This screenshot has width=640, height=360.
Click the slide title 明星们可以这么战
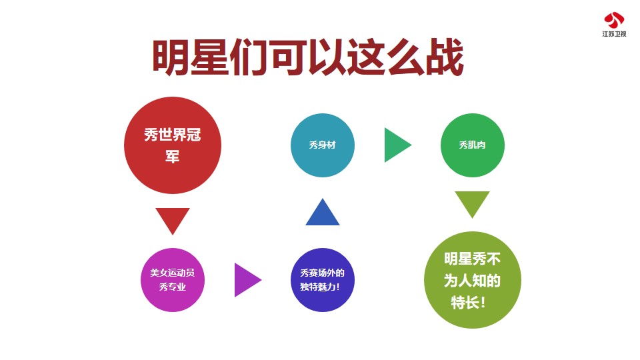point(308,57)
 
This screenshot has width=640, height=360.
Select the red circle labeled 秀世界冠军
point(173,145)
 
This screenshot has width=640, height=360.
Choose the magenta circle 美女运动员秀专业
point(173,280)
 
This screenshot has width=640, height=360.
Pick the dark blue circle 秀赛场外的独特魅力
point(323,280)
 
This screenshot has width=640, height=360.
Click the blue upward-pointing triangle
point(323,212)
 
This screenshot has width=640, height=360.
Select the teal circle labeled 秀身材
point(323,145)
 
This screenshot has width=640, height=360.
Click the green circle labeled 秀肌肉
point(473,145)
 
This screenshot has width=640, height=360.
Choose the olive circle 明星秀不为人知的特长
point(473,280)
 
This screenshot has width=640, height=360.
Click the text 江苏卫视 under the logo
point(614,34)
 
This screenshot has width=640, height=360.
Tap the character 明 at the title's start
point(171,57)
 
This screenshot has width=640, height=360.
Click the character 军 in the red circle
point(172,157)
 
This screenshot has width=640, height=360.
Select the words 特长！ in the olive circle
point(468,303)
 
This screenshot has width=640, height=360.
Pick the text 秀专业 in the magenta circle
point(173,287)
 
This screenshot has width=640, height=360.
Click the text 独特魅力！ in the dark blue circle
point(320,287)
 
